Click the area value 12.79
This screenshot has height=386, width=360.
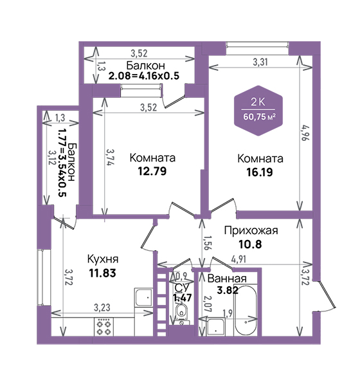pyautogui.click(x=152, y=171)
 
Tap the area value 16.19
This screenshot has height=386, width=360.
pyautogui.click(x=260, y=172)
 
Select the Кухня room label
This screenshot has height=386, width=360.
pyautogui.click(x=103, y=259)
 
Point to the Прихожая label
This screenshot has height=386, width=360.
pyautogui.click(x=251, y=231)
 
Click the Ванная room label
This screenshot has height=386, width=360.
pyautogui.click(x=227, y=279)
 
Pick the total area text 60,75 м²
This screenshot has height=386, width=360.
pyautogui.click(x=259, y=116)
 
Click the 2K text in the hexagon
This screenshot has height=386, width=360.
pyautogui.click(x=258, y=102)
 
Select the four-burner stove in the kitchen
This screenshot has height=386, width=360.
pyautogui.click(x=104, y=327)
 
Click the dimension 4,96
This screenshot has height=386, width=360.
pyautogui.click(x=305, y=133)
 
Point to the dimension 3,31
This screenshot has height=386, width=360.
pyautogui.click(x=260, y=62)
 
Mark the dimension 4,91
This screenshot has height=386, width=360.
pyautogui.click(x=239, y=259)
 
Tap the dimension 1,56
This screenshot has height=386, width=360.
pyautogui.click(x=207, y=243)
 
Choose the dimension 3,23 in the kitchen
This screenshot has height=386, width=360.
pyautogui.click(x=102, y=308)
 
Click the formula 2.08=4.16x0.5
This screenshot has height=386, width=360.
pyautogui.click(x=144, y=76)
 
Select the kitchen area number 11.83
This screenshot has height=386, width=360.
pyautogui.click(x=102, y=273)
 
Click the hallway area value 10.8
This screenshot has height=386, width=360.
pyautogui.click(x=250, y=244)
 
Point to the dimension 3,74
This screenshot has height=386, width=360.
pyautogui.click(x=110, y=157)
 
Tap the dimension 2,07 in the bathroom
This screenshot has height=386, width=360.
pyautogui.click(x=207, y=304)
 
